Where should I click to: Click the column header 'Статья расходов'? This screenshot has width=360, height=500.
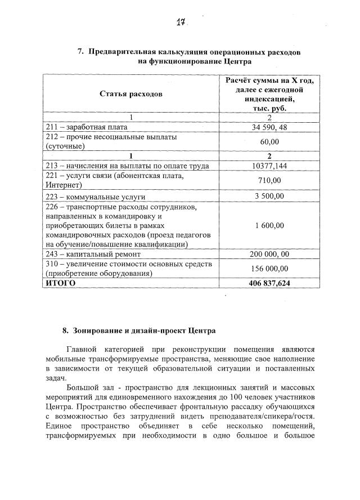131,93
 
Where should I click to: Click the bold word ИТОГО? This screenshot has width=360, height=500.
60,283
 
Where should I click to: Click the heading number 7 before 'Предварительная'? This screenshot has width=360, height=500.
80,52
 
